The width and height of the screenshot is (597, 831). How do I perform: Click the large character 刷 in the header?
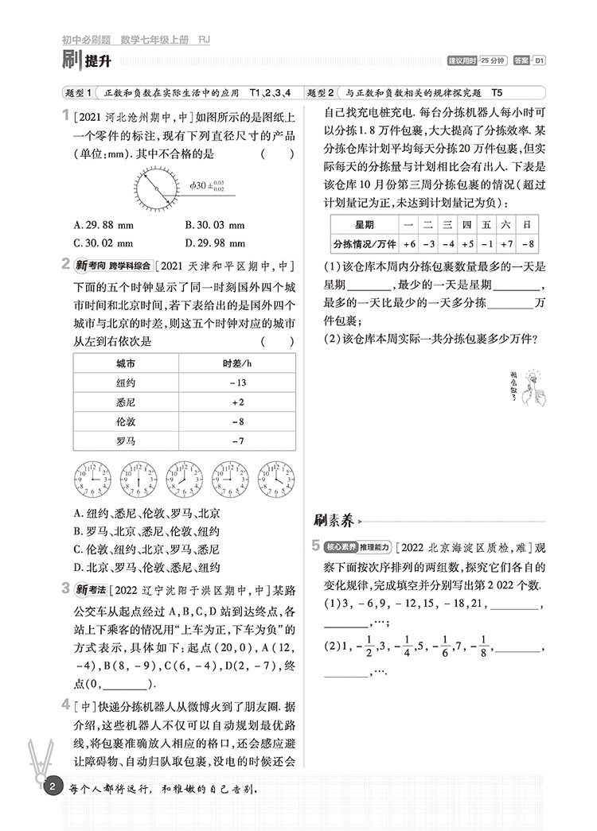pos(72,60)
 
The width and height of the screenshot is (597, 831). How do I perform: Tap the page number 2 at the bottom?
pos(52,789)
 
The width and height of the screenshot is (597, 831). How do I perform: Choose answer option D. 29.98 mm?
pos(215,243)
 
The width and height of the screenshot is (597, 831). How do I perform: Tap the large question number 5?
pos(317,546)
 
